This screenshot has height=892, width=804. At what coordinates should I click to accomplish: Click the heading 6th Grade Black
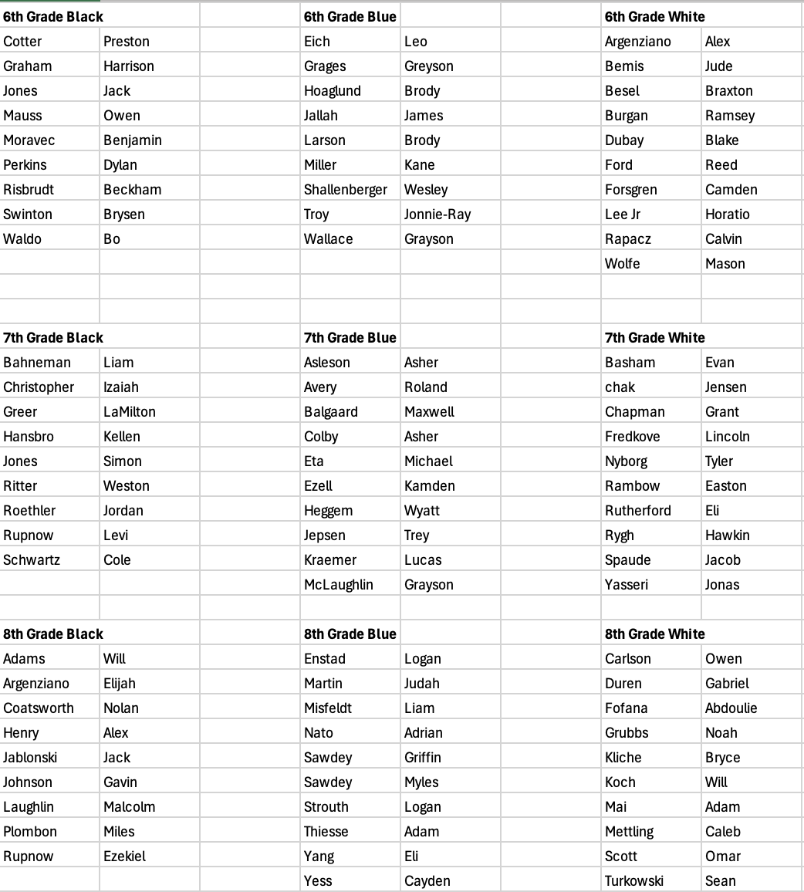(x=53, y=17)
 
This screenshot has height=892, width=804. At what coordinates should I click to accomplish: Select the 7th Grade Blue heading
(x=350, y=338)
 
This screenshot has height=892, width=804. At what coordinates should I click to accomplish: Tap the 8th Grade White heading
(x=655, y=634)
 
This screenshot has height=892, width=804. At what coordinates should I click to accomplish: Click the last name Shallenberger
(x=346, y=190)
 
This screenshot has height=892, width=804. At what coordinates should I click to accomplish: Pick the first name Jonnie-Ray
(x=437, y=215)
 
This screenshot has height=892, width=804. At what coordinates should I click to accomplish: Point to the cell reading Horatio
(x=728, y=215)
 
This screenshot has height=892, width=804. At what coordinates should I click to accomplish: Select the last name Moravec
(x=29, y=140)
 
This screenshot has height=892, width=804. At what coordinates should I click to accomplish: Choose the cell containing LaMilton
(x=130, y=412)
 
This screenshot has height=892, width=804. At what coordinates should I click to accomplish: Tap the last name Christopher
(x=39, y=387)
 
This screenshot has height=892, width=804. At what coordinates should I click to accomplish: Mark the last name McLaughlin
(x=339, y=585)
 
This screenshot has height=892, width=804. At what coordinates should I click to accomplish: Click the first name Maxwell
(x=430, y=412)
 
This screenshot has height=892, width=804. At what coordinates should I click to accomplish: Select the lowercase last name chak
(x=620, y=387)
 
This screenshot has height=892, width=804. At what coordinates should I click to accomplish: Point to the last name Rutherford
(x=638, y=511)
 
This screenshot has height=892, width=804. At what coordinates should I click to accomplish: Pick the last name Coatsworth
(x=39, y=708)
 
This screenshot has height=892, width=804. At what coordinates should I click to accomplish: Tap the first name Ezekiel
(x=125, y=857)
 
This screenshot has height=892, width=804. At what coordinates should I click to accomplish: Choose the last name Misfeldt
(x=328, y=708)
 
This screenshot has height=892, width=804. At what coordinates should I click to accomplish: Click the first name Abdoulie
(x=731, y=708)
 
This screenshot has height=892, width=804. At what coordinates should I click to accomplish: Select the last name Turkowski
(x=634, y=881)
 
